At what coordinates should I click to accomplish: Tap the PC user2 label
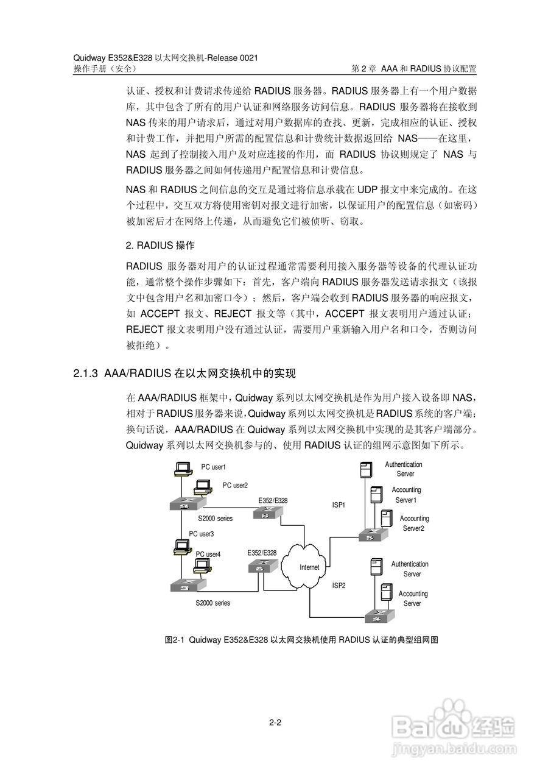(x=235, y=485)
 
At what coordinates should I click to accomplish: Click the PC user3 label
(x=201, y=534)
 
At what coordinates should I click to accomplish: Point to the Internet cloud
(x=309, y=567)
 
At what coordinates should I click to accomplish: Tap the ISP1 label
(x=339, y=505)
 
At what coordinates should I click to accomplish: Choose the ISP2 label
(x=339, y=586)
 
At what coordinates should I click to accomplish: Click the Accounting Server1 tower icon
(x=376, y=494)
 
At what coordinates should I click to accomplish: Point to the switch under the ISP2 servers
(x=380, y=616)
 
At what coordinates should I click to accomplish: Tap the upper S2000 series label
(x=215, y=518)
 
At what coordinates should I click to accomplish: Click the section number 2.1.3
(x=86, y=372)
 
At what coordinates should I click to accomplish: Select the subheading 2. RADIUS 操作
(x=160, y=246)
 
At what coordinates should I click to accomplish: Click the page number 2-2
(x=275, y=723)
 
